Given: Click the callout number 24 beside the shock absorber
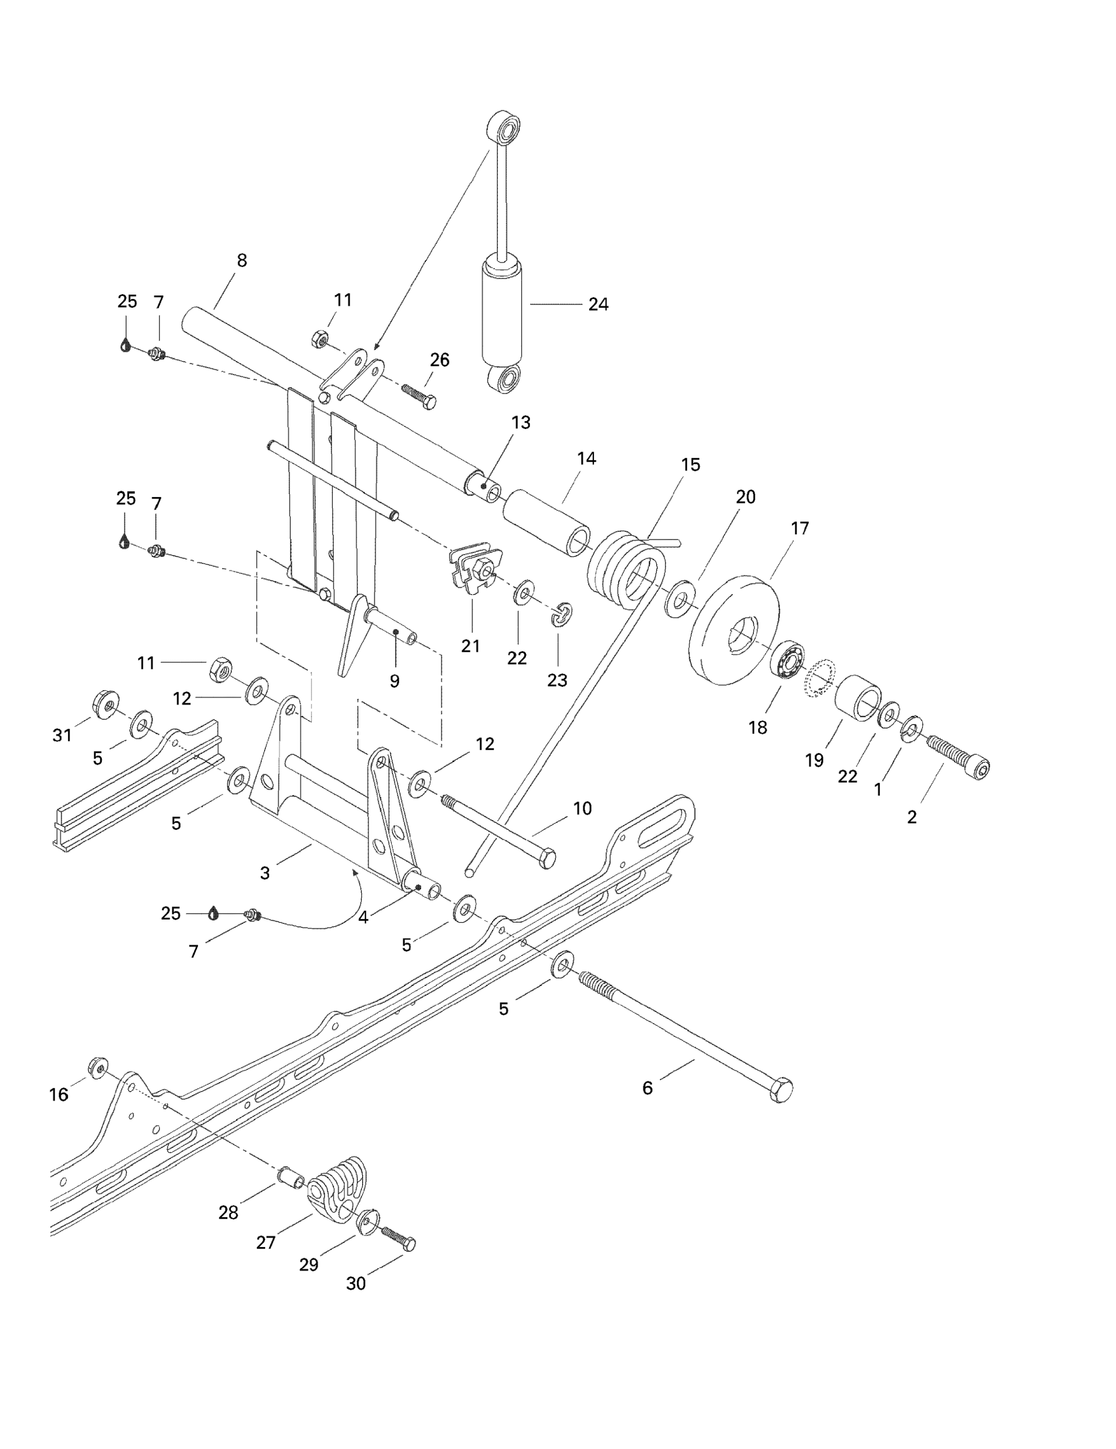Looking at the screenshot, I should coord(598,304).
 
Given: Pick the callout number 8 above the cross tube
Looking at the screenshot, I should coord(241,261).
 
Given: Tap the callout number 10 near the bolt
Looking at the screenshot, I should coord(582,808).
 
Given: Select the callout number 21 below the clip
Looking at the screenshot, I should coord(470,646).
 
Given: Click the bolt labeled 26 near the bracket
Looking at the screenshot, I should coord(418,396).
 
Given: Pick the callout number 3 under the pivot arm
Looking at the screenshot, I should coord(265,873).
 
